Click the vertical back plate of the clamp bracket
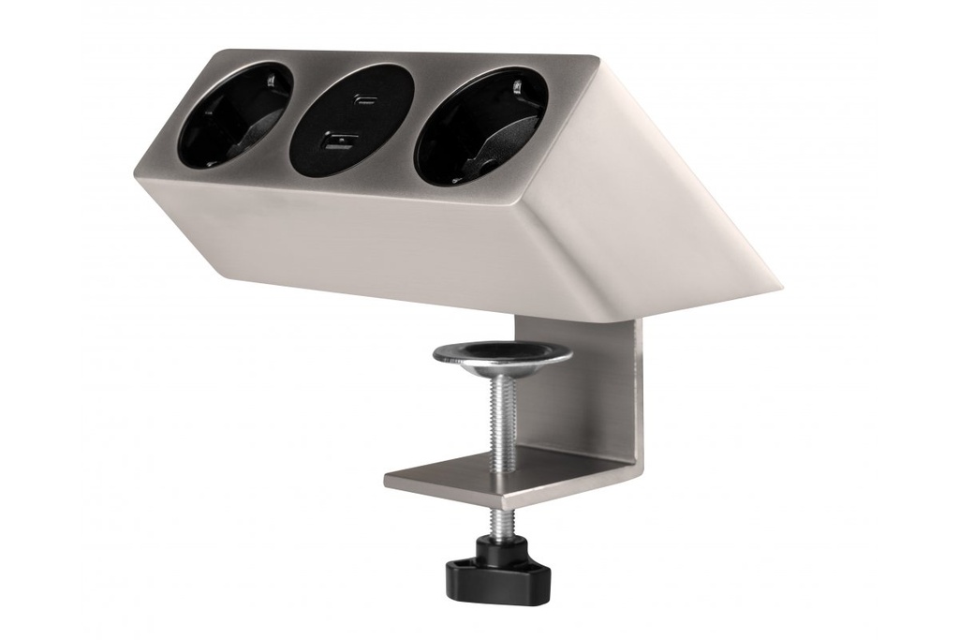609,394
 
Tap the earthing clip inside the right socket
517,90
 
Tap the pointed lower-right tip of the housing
778,287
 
